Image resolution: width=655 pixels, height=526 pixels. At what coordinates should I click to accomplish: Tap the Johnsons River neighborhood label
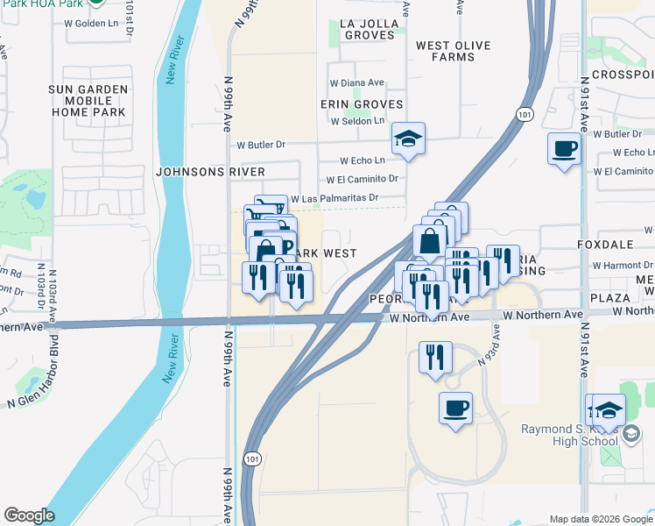click(x=210, y=171)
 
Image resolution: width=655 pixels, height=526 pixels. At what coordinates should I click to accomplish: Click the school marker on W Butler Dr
click(x=408, y=138)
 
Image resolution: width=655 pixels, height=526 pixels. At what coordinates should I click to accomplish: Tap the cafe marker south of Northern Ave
click(x=455, y=408)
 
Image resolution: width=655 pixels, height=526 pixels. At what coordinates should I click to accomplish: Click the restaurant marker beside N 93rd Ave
click(x=435, y=357)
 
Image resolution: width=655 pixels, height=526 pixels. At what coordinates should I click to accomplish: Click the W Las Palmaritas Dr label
click(x=335, y=198)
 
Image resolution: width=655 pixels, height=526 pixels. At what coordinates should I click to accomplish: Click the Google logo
click(x=29, y=515)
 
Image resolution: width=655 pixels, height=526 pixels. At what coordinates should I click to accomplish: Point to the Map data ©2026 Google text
click(x=600, y=519)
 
